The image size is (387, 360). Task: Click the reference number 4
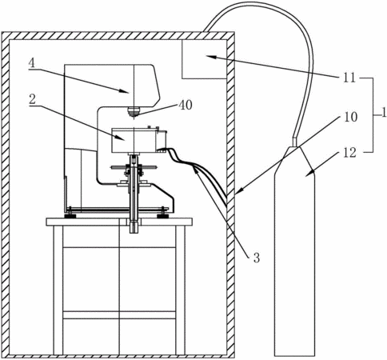pyautogui.click(x=31, y=63)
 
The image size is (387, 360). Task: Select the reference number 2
pyautogui.click(x=32, y=100)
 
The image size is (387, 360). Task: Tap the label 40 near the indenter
pyautogui.click(x=186, y=105)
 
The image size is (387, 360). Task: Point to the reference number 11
pyautogui.click(x=349, y=78)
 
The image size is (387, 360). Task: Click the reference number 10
pyautogui.click(x=351, y=117)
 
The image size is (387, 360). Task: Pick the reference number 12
pyautogui.click(x=350, y=153)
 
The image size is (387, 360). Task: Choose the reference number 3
pyautogui.click(x=256, y=258)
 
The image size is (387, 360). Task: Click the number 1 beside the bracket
pyautogui.click(x=384, y=114)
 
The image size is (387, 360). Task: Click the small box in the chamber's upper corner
pyautogui.click(x=204, y=59)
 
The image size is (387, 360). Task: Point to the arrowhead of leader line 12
pyautogui.click(x=308, y=174)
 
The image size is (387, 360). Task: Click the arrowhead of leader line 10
pyautogui.click(x=238, y=191)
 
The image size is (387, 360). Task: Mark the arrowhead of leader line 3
pyautogui.click(x=196, y=170)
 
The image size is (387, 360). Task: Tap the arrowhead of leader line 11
pyautogui.click(x=208, y=56)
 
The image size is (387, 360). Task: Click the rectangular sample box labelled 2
pyautogui.click(x=134, y=140)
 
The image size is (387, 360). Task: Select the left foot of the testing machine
pyautogui.click(x=70, y=214)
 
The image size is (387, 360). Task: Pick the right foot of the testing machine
pyautogui.click(x=162, y=214)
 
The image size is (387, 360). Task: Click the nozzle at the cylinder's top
pyautogui.click(x=294, y=142)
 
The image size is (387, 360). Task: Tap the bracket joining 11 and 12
pyautogui.click(x=373, y=115)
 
